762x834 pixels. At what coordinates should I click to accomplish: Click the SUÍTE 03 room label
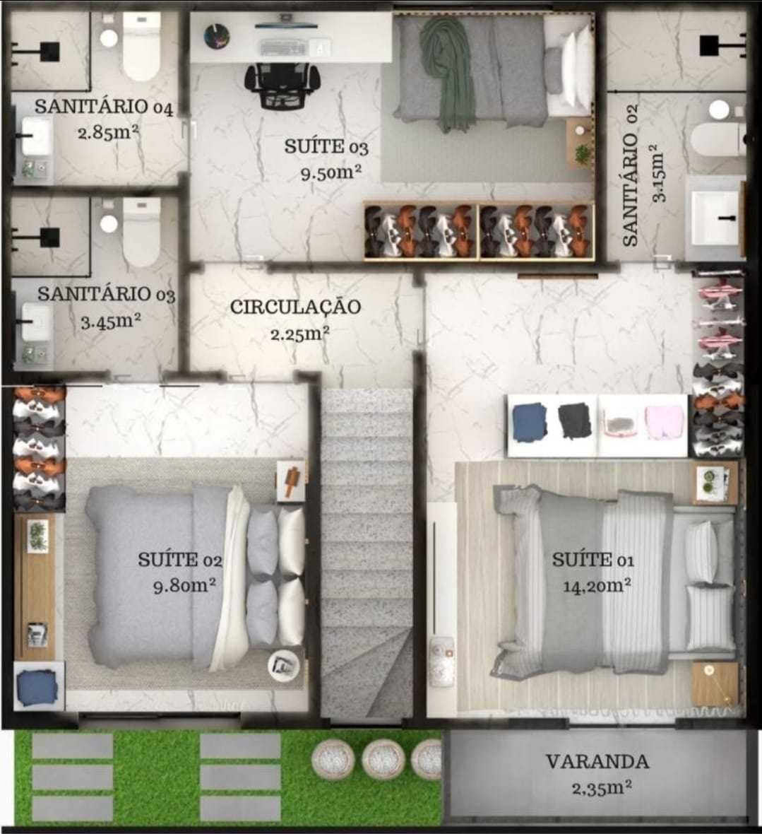(x=326, y=147)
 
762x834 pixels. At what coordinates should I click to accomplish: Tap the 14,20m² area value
(x=597, y=585)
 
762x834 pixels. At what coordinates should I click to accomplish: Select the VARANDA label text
(x=597, y=762)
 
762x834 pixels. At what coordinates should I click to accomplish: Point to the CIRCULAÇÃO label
(x=295, y=307)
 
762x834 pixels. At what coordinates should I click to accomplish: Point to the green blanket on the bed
(x=448, y=71)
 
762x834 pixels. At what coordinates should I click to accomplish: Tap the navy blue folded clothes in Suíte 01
(x=530, y=423)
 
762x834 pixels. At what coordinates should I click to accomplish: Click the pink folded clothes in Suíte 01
(x=665, y=423)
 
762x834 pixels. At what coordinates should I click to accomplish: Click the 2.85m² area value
(x=108, y=132)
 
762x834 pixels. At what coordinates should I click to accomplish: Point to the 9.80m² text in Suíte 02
(x=184, y=586)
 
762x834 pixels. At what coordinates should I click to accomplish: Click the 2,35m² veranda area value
(x=601, y=787)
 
